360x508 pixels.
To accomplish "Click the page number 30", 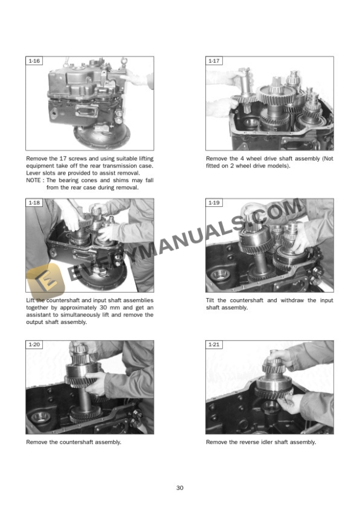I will (x=180, y=488).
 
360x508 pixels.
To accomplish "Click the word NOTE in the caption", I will (x=34, y=181).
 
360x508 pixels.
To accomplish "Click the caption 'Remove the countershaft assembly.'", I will (x=74, y=442).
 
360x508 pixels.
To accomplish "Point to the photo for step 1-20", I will (x=89, y=387).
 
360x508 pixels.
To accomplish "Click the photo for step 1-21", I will (x=269, y=387).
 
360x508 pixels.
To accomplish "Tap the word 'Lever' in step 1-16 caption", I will (x=34, y=173).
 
